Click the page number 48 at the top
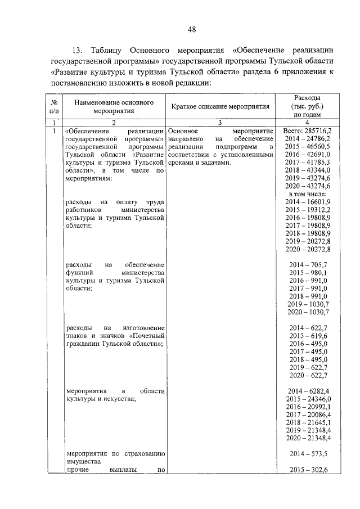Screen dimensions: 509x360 click(191, 30)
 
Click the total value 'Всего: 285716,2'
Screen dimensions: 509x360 click(308, 130)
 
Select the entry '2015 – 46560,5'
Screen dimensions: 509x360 click(308, 146)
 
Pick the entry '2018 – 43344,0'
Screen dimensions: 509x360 click(308, 170)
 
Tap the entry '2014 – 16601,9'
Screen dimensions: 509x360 click(308, 201)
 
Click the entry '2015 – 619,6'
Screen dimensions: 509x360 click(308, 336)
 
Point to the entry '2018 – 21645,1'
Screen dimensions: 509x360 click(308, 422)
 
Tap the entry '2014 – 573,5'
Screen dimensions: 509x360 click(308, 453)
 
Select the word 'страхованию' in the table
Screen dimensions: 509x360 click(141, 453)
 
